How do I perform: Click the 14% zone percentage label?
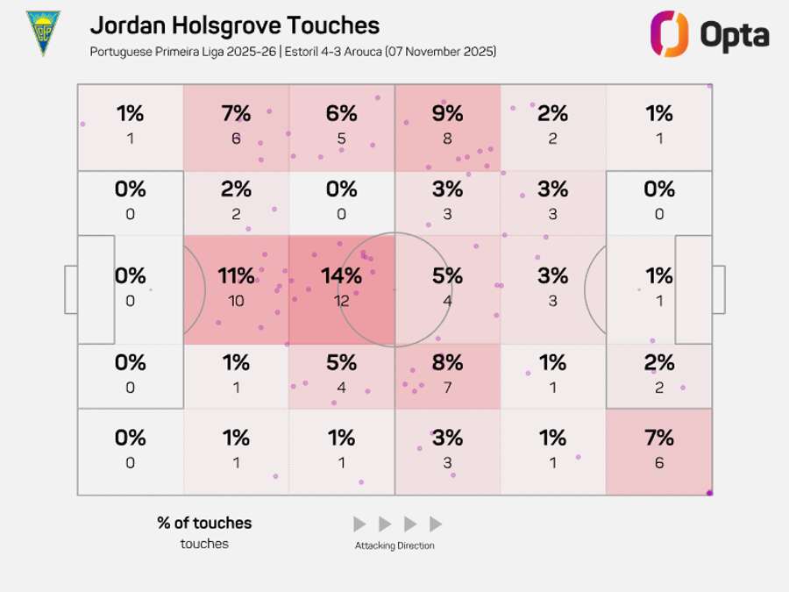pos(341,275)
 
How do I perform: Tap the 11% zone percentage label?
pos(236,275)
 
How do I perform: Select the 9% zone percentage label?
pos(447,113)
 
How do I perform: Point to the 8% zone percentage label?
pos(447,362)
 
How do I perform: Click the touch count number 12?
pos(341,301)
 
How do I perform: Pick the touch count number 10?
pos(236,301)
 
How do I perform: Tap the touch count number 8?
pos(447,139)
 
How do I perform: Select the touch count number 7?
pos(447,388)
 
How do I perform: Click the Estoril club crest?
pos(43,33)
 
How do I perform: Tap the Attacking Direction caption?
pos(394,546)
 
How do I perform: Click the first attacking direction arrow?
pos(359,524)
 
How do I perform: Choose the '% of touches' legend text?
pos(204,523)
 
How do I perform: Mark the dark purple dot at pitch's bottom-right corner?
pos(709,493)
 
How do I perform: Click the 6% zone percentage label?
pos(341,113)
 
